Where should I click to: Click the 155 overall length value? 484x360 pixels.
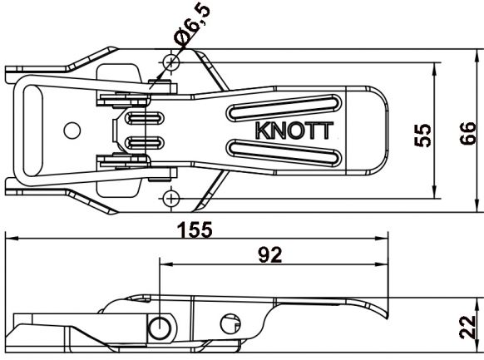pyautogui.click(x=195, y=228)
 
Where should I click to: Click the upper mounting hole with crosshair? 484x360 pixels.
pyautogui.click(x=171, y=62)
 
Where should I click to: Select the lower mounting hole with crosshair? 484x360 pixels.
pyautogui.click(x=171, y=198)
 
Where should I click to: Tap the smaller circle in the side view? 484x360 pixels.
pyautogui.click(x=230, y=322)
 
